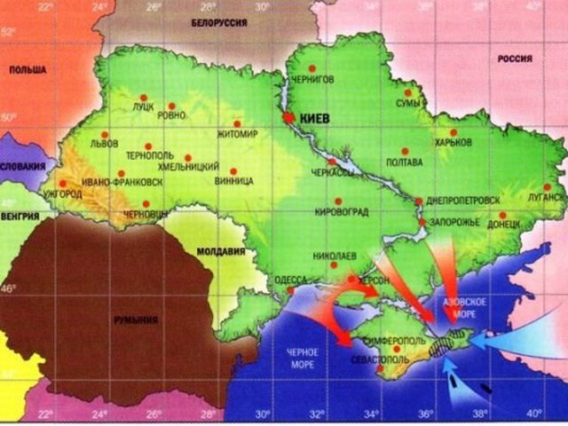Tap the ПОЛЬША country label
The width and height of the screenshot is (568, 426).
click(28, 69)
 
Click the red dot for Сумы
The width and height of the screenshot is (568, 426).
click(408, 91)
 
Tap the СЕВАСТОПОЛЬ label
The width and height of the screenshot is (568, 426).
click(381, 361)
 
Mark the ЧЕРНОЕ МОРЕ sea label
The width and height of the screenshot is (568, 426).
click(302, 358)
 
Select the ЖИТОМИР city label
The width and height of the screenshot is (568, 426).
click(237, 135)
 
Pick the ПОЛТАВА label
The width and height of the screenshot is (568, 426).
click(406, 162)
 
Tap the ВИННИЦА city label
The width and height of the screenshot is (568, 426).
click(234, 181)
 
